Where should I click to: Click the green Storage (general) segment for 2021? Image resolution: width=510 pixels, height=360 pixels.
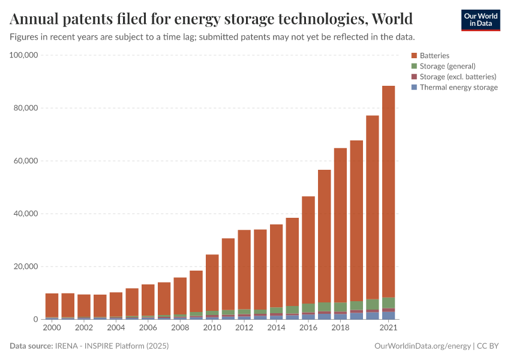point(388,302)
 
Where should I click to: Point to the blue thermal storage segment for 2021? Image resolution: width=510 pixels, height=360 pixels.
point(388,315)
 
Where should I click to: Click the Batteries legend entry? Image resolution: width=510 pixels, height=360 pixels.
point(434,55)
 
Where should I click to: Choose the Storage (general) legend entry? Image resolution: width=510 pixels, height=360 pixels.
point(447,66)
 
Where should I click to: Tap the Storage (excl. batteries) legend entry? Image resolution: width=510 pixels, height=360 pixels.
point(457,77)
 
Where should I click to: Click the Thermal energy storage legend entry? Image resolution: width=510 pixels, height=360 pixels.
point(458,88)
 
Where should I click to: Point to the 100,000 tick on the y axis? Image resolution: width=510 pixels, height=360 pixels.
point(25,55)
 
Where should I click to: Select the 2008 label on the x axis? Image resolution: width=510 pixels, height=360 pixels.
point(179,328)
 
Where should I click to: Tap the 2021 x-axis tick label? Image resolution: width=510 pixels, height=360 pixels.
point(389,328)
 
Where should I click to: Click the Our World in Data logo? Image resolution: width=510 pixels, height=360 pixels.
point(480,20)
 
